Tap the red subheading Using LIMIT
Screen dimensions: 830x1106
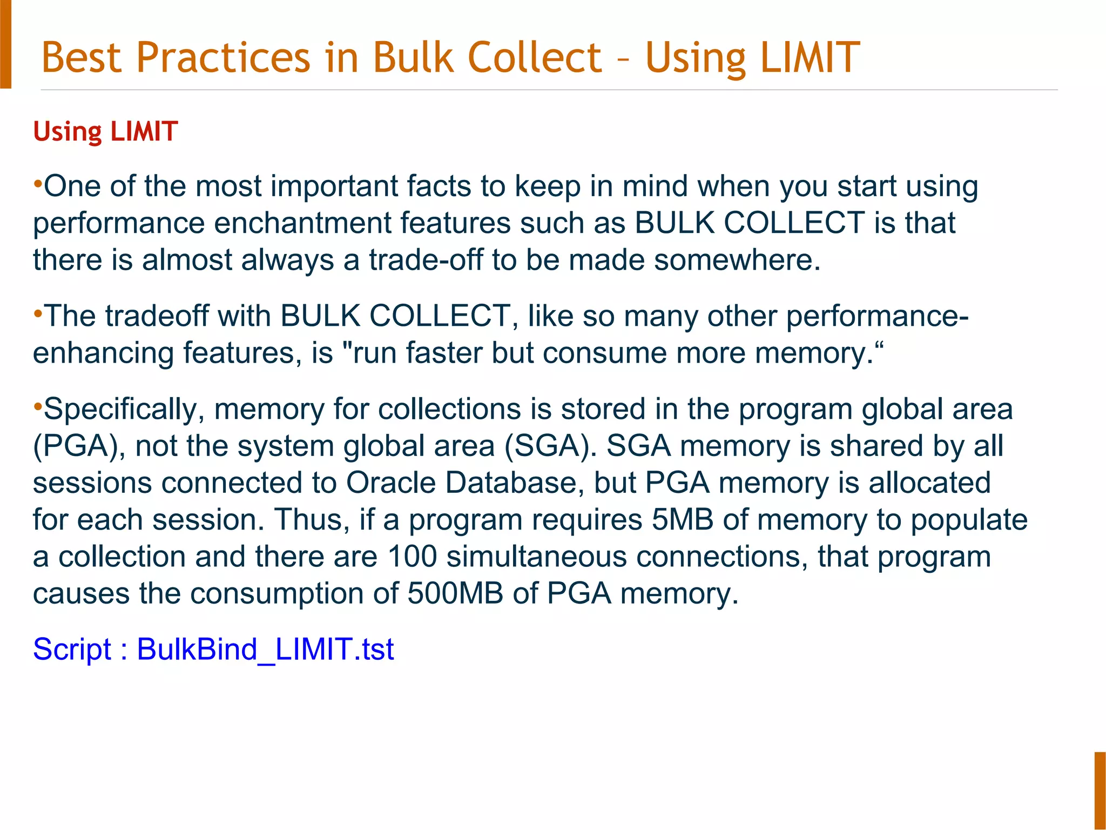point(105,131)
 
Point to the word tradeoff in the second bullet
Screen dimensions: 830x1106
point(157,316)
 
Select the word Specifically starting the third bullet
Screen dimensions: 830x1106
point(120,409)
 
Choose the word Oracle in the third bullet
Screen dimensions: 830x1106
point(390,483)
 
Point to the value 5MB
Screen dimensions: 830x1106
point(682,520)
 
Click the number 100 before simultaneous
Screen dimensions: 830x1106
point(412,557)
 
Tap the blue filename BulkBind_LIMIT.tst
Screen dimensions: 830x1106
point(265,649)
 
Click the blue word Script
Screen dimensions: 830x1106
point(72,649)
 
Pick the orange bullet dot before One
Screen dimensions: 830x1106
point(38,184)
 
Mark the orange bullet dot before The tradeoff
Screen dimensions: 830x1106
point(38,313)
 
